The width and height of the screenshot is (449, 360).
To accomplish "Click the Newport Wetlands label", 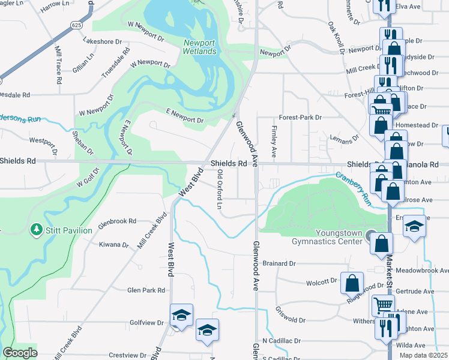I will point(200,47).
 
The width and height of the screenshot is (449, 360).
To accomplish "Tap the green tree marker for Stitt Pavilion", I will point(36,230).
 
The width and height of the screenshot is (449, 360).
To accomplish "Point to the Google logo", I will point(20,353).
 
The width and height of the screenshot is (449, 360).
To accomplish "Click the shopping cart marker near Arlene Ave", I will point(382,307).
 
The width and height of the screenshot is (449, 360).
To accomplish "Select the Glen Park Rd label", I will point(146,290).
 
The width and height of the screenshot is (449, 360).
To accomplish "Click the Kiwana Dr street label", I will point(114,245).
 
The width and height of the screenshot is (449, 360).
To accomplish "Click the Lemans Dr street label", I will point(344,138).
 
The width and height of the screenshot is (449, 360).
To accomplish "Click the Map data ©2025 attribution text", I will point(423,355).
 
